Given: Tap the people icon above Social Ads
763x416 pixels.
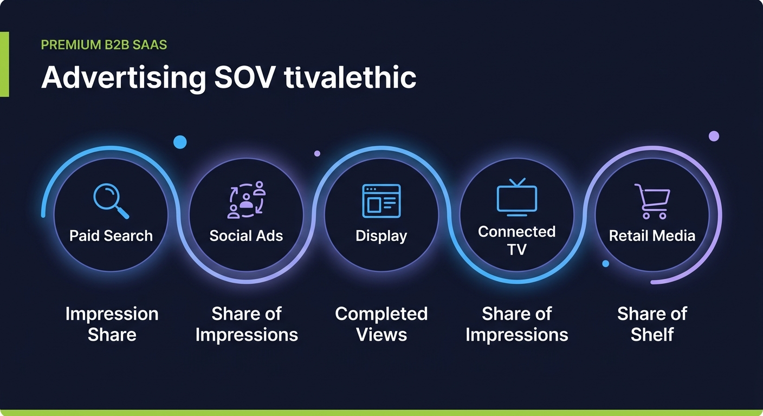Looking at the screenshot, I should click(x=246, y=200).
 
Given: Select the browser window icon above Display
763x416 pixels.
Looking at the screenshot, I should click(x=381, y=201).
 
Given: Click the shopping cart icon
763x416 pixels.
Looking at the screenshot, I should click(x=652, y=201).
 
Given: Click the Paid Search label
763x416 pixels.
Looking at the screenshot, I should click(x=111, y=236).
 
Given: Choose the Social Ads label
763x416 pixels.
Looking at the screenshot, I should click(x=246, y=236).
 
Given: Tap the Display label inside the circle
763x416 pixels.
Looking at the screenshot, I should click(x=381, y=236).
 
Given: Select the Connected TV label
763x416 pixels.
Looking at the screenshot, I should click(x=516, y=240).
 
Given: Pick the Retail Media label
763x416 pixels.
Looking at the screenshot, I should click(x=652, y=236).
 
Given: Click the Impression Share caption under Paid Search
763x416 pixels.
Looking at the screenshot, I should click(x=112, y=324).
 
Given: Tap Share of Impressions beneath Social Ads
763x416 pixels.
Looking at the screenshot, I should click(x=247, y=324).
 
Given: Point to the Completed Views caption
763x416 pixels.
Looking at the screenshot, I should click(x=381, y=324).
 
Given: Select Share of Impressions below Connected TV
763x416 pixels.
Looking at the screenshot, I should click(x=516, y=324).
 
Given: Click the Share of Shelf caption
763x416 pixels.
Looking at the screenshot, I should click(x=652, y=324).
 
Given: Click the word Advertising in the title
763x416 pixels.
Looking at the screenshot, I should click(x=124, y=78).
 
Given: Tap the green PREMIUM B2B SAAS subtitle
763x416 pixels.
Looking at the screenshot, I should click(x=104, y=44).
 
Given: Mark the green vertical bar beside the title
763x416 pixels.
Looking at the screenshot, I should click(x=4, y=64).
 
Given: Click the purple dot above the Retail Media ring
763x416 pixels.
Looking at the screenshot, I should click(x=714, y=136).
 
